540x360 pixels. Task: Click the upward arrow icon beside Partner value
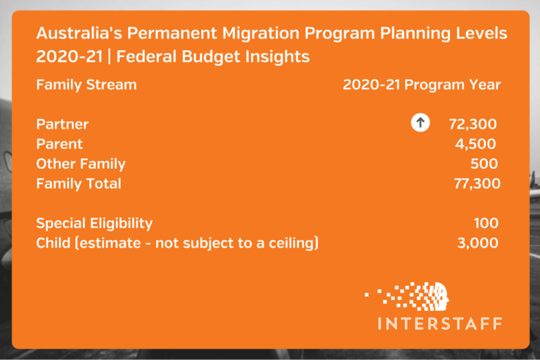pyautogui.click(x=420, y=124)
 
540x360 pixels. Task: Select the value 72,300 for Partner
pyautogui.click(x=472, y=124)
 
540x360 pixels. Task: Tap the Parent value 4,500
pyautogui.click(x=476, y=144)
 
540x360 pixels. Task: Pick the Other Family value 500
pyautogui.click(x=484, y=164)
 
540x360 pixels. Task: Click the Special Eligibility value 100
pyautogui.click(x=486, y=224)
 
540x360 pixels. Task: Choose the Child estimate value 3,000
pyautogui.click(x=477, y=243)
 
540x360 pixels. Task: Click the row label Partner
pyautogui.click(x=63, y=124)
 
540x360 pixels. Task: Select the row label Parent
pyautogui.click(x=59, y=144)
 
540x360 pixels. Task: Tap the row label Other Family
pyautogui.click(x=80, y=164)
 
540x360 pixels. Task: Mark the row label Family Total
pyautogui.click(x=78, y=184)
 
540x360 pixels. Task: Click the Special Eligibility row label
pyautogui.click(x=94, y=224)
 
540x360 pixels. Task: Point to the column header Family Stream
pyautogui.click(x=86, y=85)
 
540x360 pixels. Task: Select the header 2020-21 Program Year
pyautogui.click(x=421, y=85)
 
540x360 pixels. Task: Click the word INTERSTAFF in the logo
pyautogui.click(x=439, y=323)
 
